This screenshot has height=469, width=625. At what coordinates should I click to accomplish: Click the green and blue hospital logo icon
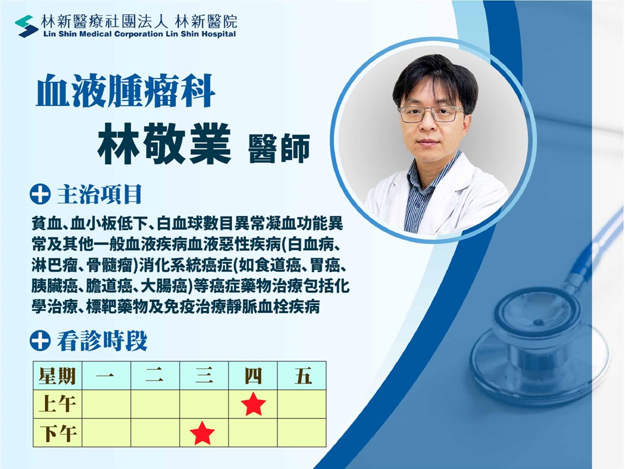27,26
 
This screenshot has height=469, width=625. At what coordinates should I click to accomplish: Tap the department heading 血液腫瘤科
126,91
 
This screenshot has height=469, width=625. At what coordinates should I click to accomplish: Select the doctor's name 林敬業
164,144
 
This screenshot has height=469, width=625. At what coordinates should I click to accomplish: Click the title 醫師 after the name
279,149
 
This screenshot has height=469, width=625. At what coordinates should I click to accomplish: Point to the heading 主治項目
99,194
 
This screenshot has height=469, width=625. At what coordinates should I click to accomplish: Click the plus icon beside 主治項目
40,194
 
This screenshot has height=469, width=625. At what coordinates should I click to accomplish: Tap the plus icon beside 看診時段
40,341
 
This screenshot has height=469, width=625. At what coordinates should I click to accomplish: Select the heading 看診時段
102,341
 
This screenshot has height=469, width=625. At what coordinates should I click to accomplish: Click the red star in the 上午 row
253,403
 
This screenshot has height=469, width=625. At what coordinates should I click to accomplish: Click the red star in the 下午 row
202,433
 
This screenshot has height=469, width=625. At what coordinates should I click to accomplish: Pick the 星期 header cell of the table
57,375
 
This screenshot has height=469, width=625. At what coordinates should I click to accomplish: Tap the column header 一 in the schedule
106,375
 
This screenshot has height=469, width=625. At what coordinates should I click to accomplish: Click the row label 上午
57,404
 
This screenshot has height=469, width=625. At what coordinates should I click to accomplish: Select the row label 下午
57,433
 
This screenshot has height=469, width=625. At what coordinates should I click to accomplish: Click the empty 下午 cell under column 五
302,433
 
